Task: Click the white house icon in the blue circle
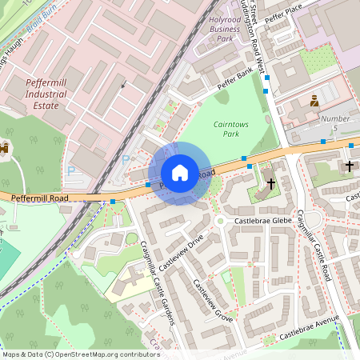pyautogui.click(x=180, y=173)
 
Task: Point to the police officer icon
pyautogui.click(x=314, y=101)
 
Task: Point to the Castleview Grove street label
pyautogui.click(x=213, y=302)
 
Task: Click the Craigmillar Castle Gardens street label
pyautogui.click(x=158, y=284)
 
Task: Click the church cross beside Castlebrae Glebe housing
pyautogui.click(x=271, y=183)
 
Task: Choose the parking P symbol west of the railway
pyautogui.click(x=70, y=170)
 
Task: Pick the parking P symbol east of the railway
pyautogui.click(x=125, y=159)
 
